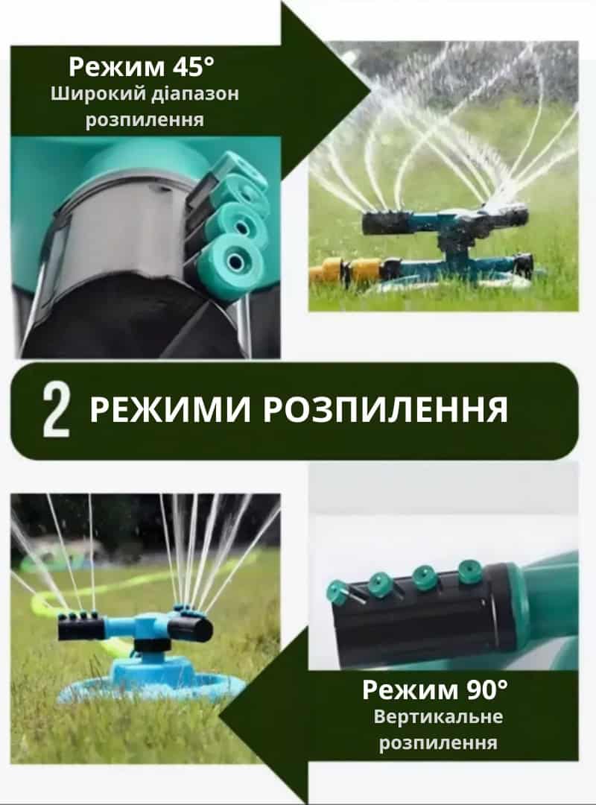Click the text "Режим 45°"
tap(141, 66)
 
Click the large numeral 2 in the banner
tap(55, 411)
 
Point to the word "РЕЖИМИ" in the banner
tap(171, 410)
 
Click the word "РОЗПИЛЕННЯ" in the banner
tap(385, 410)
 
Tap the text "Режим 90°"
tap(435, 689)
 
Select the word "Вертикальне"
tap(438, 716)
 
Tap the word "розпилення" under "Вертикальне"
tap(438, 742)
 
